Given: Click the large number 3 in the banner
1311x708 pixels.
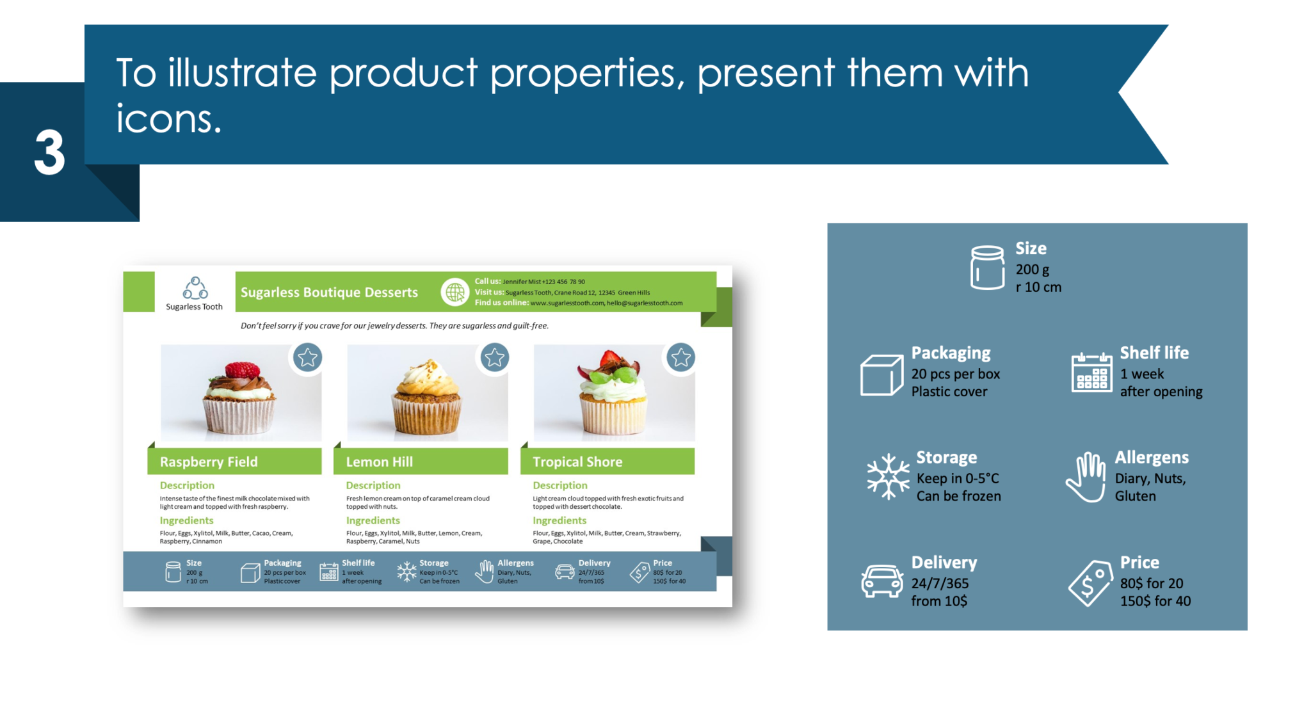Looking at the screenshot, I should (49, 152).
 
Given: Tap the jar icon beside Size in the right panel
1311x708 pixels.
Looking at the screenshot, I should (987, 268).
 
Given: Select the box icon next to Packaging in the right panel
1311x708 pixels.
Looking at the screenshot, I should (881, 374).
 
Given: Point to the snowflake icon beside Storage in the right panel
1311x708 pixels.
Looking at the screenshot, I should (888, 476).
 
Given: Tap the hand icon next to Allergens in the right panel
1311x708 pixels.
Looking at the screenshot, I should (1086, 477).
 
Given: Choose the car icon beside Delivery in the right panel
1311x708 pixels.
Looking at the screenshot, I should (881, 581).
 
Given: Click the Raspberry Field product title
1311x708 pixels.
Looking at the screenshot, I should (209, 462).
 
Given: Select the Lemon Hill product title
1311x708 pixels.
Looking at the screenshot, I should (379, 462).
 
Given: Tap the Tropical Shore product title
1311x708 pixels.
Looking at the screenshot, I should (577, 462).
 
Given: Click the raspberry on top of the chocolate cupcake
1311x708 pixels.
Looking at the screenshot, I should (242, 370).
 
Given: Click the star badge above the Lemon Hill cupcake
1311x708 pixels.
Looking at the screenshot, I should (494, 357).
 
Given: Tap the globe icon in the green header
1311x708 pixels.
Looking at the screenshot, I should (455, 292).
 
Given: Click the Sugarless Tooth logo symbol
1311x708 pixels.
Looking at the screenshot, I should (195, 289).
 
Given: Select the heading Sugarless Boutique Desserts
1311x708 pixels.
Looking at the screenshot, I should (329, 293).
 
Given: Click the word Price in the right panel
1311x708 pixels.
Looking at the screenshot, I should (1139, 562).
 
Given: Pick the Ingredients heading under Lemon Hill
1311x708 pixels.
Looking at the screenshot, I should (373, 520).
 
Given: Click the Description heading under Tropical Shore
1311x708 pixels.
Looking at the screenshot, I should (559, 485).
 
